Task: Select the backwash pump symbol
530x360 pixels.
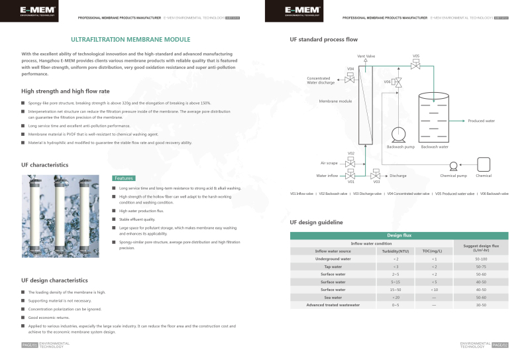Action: click(399, 135)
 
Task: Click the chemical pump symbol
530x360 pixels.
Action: click(454, 166)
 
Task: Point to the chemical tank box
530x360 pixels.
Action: click(484, 164)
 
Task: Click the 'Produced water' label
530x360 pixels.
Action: click(482, 121)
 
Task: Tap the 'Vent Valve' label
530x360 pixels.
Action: click(366, 56)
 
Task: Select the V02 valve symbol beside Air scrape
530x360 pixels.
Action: click(351, 162)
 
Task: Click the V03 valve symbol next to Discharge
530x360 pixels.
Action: click(376, 176)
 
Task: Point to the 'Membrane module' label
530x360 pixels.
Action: click(335, 101)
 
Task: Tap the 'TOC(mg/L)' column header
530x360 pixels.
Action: click(432, 251)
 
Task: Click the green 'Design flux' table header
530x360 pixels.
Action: click(399, 235)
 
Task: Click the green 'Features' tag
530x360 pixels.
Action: click(124, 178)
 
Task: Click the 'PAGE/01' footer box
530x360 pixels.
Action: click(29, 345)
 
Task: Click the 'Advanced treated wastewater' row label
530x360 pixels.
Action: click(333, 305)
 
